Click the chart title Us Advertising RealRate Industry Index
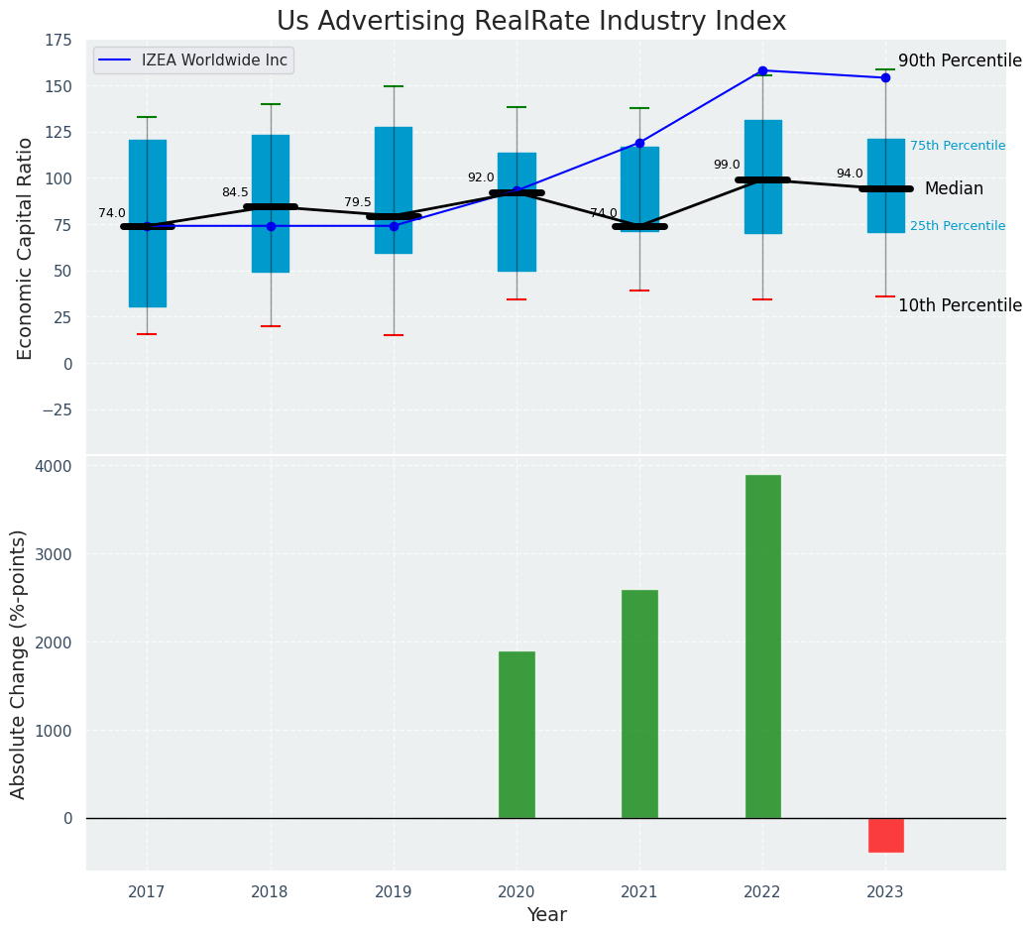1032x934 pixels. (531, 22)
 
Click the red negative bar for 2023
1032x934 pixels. (885, 835)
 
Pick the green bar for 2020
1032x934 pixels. (516, 735)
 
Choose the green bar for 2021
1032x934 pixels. (639, 704)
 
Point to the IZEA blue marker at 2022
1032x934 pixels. (762, 70)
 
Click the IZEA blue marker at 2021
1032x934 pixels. (639, 143)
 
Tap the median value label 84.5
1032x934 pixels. (235, 192)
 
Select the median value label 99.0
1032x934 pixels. (727, 165)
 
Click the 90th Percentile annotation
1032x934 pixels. (960, 60)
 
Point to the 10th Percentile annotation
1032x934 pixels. (960, 305)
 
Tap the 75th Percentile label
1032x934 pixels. (958, 146)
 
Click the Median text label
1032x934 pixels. (954, 188)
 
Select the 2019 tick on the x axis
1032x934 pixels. (394, 892)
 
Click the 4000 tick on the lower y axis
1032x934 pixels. (54, 466)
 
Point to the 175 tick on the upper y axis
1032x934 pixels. (58, 40)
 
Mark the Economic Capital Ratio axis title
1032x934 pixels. (26, 248)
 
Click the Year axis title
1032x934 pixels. (546, 915)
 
